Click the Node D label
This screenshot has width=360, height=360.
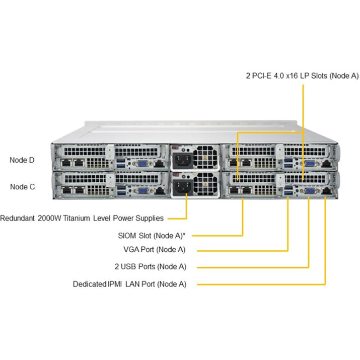tap(23, 160)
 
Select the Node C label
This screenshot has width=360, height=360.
tap(23, 186)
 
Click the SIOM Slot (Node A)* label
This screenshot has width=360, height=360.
tap(152, 235)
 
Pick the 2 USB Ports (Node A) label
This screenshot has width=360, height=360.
tap(151, 266)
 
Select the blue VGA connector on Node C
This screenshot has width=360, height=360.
tap(143, 190)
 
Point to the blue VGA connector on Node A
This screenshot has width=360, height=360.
tap(308, 190)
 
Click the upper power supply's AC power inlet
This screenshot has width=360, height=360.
tap(181, 161)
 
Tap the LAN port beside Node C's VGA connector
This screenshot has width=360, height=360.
tap(159, 190)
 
